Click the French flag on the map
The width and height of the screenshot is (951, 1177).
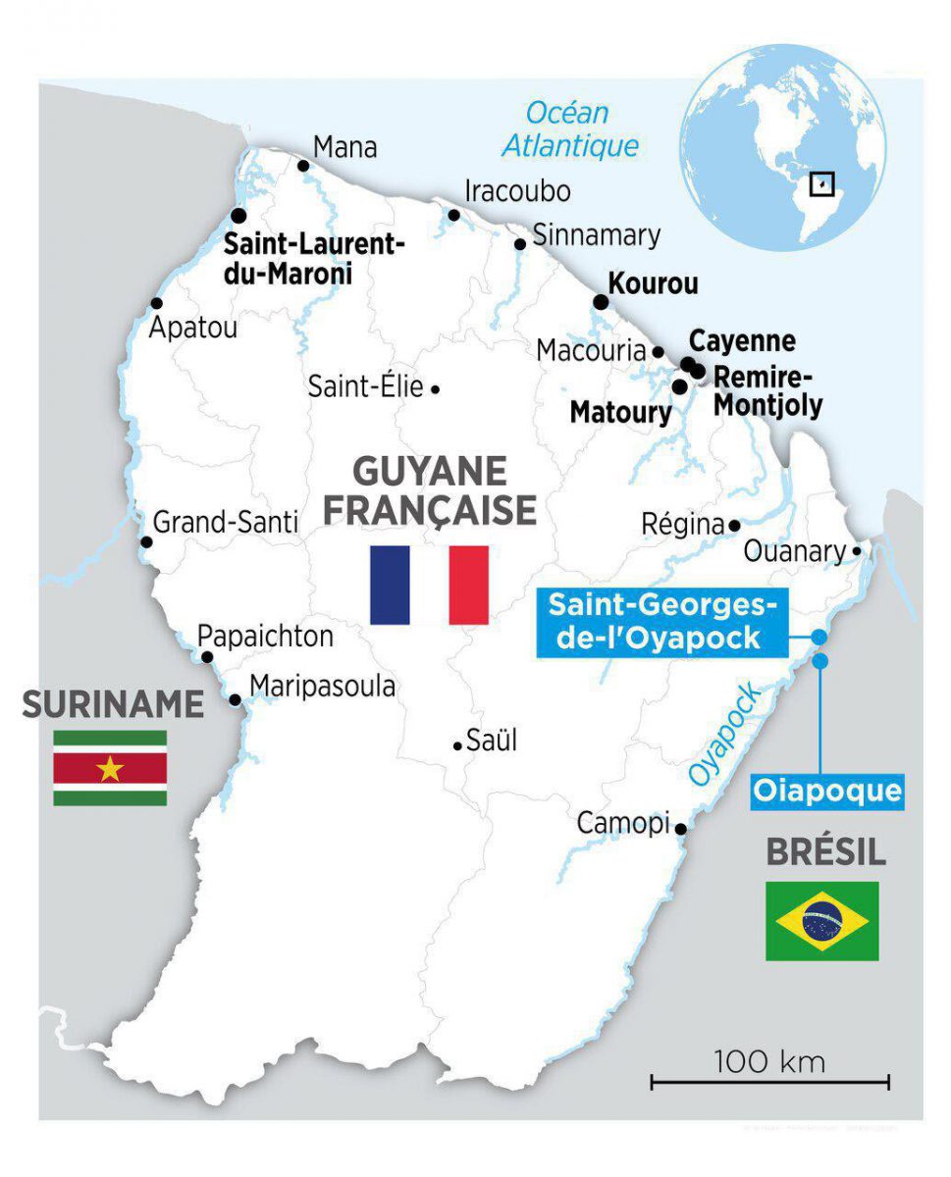tap(429, 585)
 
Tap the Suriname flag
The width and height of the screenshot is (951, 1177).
tap(110, 768)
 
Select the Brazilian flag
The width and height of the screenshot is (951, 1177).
tap(821, 921)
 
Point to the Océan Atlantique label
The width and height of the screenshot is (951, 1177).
tap(569, 130)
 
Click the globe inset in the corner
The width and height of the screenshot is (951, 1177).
tap(785, 147)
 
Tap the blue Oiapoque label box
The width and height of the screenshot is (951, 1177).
tap(826, 790)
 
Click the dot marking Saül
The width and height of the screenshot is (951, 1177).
tap(457, 745)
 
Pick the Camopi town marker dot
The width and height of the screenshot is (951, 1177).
tap(681, 829)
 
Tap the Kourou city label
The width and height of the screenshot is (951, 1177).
tap(654, 284)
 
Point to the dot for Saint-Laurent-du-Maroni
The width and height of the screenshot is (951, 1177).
tap(238, 215)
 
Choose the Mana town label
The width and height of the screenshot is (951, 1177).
tap(344, 148)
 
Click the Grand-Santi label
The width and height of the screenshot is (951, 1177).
tap(225, 523)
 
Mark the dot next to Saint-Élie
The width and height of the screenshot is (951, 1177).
tap(435, 389)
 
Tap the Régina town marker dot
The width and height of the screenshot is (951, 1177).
tap(734, 525)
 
